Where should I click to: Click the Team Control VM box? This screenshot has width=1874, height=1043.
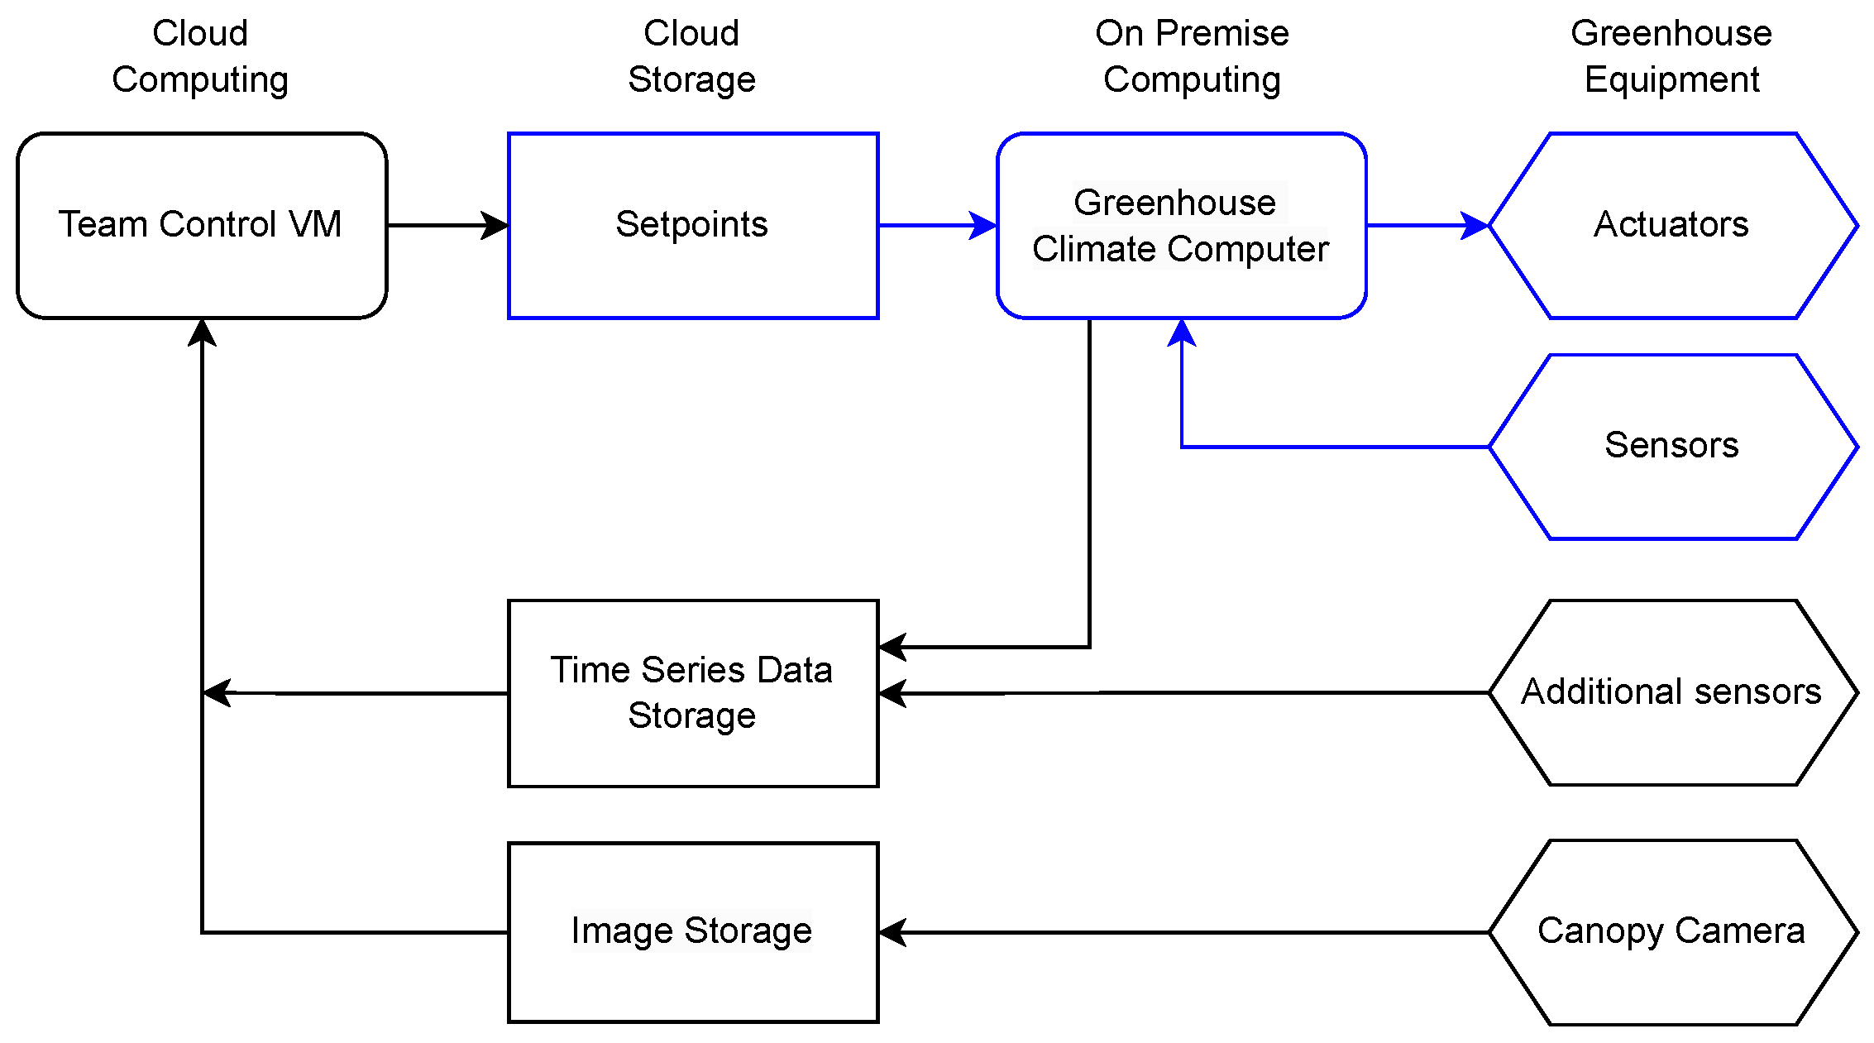(201, 225)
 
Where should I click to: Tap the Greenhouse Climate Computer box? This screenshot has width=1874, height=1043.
(1181, 225)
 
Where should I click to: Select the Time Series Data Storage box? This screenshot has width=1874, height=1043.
(692, 692)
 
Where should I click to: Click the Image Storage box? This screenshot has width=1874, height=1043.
(692, 932)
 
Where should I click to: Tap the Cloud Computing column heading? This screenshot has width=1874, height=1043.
(200, 56)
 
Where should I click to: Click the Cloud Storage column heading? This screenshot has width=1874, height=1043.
(691, 56)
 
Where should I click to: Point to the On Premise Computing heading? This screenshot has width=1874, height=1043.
(1192, 56)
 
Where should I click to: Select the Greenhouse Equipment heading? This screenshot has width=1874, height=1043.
(1671, 56)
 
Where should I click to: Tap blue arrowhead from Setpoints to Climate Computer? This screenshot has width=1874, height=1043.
(984, 225)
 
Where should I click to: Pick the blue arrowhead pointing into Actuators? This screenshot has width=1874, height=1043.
(1475, 225)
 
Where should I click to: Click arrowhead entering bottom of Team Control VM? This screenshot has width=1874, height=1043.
(202, 333)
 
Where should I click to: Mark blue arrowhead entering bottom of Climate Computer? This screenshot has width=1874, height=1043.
(1182, 333)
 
